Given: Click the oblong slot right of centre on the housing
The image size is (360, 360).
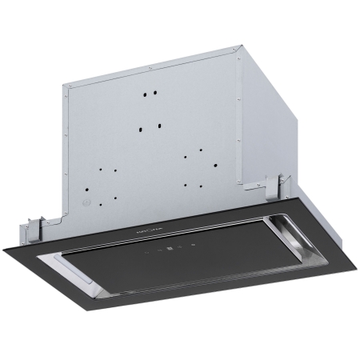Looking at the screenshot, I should coord(160,126).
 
